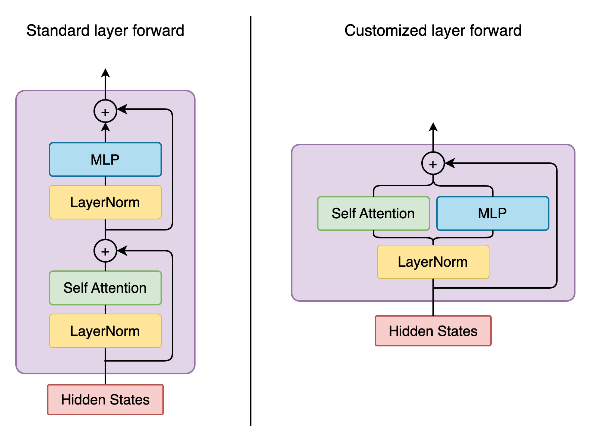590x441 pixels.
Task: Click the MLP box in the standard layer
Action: tap(105, 159)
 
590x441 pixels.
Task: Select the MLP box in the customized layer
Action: tap(492, 213)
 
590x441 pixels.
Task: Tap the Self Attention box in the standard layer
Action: tap(105, 288)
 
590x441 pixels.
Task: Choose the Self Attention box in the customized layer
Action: tap(373, 213)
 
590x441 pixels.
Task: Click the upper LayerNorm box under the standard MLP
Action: tap(105, 202)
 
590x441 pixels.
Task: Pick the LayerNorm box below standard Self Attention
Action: tap(105, 331)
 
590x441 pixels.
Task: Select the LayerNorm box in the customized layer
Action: tap(433, 262)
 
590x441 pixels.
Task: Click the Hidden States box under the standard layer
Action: tap(105, 400)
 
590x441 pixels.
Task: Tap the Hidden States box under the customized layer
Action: tap(433, 331)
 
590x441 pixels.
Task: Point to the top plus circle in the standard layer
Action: tap(105, 111)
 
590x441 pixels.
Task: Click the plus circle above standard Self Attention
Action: tap(105, 251)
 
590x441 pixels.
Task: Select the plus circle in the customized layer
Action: tap(433, 164)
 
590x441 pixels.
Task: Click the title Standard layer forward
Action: tap(105, 31)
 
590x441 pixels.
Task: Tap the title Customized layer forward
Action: tap(433, 31)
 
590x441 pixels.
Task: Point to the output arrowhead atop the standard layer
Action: tap(105, 73)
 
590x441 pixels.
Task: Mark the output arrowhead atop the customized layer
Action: tap(433, 127)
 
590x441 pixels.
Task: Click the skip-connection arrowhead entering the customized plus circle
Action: tap(450, 163)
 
